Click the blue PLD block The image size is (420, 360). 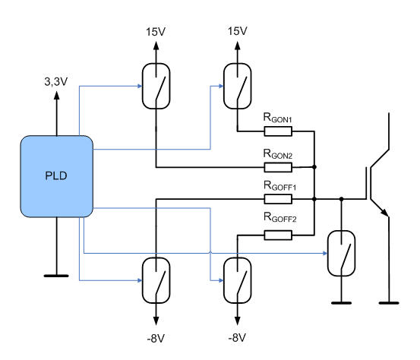click(57, 176)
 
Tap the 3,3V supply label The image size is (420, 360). click(56, 82)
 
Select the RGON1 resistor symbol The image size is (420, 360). click(278, 131)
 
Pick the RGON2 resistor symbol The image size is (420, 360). click(278, 167)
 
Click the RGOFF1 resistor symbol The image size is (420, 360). click(278, 199)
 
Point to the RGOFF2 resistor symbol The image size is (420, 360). click(278, 235)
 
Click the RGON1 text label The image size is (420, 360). click(277, 118)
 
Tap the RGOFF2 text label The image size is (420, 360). click(280, 217)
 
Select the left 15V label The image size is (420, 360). click(156, 32)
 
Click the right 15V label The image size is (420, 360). click(237, 31)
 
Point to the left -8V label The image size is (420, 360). click(156, 339)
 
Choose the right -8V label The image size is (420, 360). click(237, 338)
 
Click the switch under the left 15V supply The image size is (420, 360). click(156, 86)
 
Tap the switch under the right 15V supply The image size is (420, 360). click(237, 86)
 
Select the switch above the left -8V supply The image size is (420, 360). click(156, 280)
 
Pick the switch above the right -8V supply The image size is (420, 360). click(237, 280)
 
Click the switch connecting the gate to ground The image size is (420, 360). click(342, 254)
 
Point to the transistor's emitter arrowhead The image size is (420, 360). click(385, 213)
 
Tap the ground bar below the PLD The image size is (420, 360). click(56, 276)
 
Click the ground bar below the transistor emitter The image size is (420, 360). click(389, 303)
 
